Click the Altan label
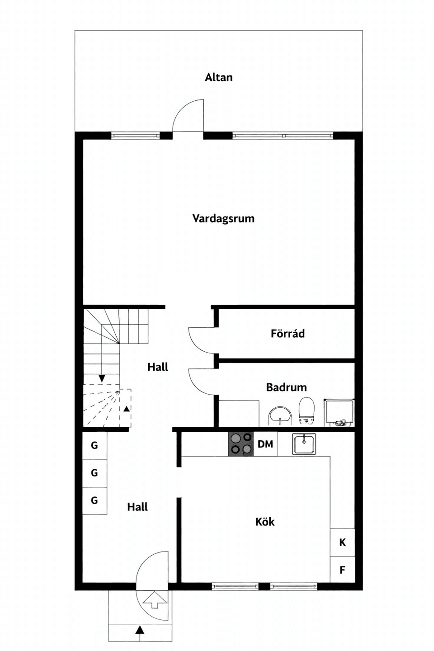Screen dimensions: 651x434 coord(219,77)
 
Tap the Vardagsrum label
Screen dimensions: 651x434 coord(223,218)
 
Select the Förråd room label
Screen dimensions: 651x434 coord(288,334)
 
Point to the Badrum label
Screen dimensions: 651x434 coord(286,387)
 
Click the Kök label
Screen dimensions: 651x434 coord(265,522)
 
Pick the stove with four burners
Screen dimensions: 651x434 coord(241,444)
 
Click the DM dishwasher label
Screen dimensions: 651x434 coord(265,444)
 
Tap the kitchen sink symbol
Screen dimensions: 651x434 coord(304,443)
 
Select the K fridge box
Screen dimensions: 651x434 coord(342,542)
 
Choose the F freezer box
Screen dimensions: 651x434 coord(342,570)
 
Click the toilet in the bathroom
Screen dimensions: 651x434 coord(307,410)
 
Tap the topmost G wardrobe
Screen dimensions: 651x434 coord(94,445)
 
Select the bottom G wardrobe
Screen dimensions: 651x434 coord(94,500)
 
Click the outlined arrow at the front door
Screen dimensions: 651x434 coord(154,600)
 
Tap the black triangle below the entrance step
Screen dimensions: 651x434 coord(140,629)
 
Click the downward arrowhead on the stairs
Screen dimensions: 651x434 coord(102,378)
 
